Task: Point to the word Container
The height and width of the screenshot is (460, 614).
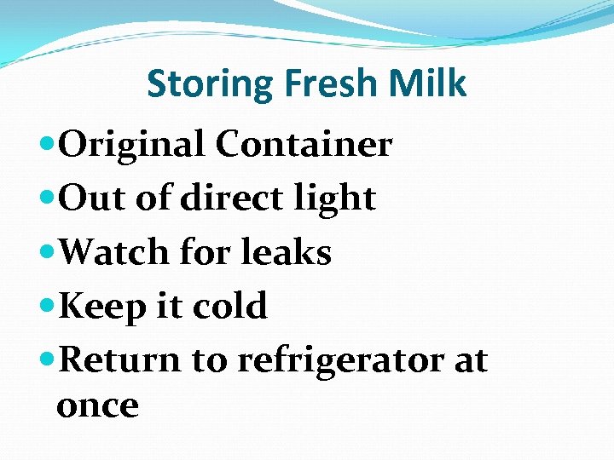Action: (304, 145)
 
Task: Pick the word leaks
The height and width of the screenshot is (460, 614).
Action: (287, 252)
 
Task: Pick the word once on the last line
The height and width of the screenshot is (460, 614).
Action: (97, 405)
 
